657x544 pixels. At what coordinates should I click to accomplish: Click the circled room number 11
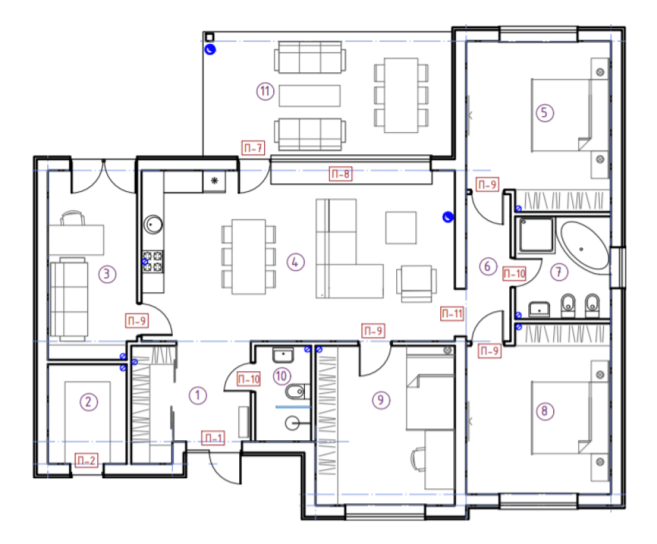[x=265, y=91]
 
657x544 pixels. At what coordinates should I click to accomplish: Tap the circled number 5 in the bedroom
[x=545, y=112]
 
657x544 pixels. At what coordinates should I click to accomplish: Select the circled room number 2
[x=89, y=402]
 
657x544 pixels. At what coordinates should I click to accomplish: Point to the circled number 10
[x=282, y=376]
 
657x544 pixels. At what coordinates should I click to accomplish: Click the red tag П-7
[x=254, y=148]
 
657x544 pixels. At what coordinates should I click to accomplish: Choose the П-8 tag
[x=340, y=173]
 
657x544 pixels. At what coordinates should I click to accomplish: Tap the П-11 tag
[x=452, y=313]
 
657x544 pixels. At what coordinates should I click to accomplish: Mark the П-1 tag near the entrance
[x=214, y=438]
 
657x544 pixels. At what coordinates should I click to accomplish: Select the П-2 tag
[x=87, y=461]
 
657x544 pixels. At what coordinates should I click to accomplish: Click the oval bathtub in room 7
[x=583, y=246]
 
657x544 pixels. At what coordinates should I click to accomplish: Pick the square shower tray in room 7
[x=536, y=235]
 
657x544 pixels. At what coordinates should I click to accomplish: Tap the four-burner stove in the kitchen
[x=152, y=261]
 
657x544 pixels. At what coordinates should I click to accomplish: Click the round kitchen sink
[x=153, y=225]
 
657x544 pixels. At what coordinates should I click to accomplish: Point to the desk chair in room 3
[x=72, y=218]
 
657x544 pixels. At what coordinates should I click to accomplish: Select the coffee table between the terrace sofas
[x=309, y=95]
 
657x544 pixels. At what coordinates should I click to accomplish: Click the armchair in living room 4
[x=417, y=283]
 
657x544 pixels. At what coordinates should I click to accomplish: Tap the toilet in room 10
[x=296, y=392]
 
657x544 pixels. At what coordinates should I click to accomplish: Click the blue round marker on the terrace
[x=210, y=50]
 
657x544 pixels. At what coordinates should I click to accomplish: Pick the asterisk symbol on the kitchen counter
[x=215, y=181]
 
